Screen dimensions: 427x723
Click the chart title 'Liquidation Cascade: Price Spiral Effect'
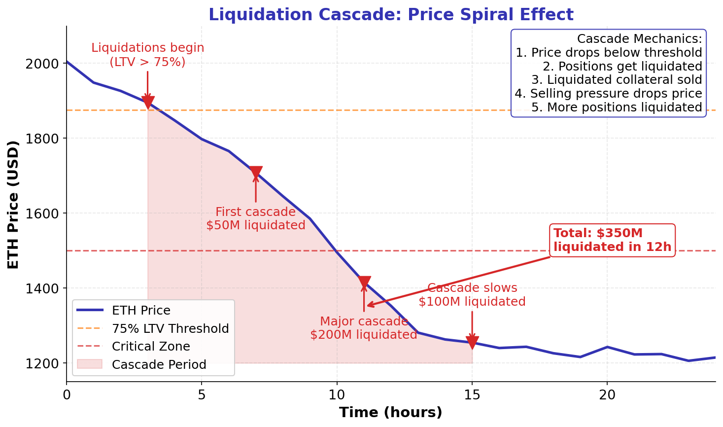[390, 15]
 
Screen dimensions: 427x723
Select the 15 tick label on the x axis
[472, 394]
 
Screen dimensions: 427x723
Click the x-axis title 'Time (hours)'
[390, 413]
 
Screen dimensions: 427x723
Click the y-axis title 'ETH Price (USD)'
[14, 204]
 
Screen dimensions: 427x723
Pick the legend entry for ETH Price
[140, 311]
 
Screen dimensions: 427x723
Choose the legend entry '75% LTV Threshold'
[170, 329]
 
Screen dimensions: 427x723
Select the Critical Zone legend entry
[151, 347]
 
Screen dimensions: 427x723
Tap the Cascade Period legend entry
[159, 365]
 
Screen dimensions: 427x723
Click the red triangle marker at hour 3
[148, 102]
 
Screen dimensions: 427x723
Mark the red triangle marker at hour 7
[256, 173]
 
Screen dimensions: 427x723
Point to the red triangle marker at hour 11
[364, 283]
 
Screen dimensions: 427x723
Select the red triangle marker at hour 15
[472, 342]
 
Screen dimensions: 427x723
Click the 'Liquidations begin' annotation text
[148, 48]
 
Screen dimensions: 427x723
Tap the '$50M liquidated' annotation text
[256, 225]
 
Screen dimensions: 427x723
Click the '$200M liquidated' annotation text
[364, 335]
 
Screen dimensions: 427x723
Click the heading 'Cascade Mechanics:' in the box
[639, 39]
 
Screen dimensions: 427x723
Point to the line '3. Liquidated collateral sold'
[617, 80]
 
